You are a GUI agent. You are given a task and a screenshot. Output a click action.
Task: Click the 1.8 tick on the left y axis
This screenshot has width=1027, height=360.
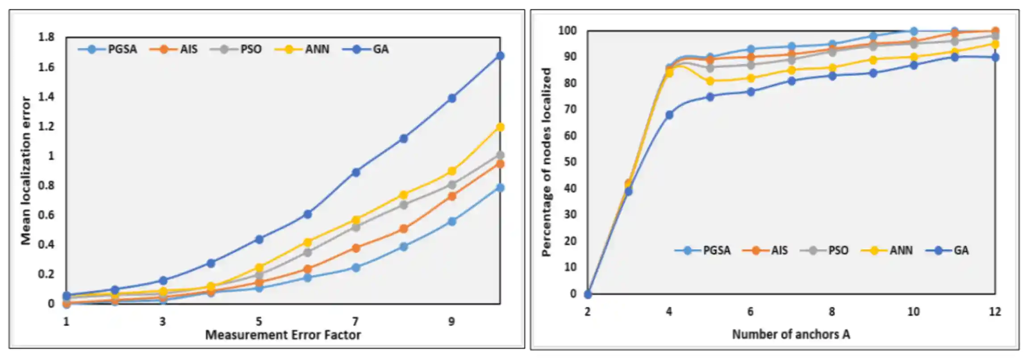pos(46,37)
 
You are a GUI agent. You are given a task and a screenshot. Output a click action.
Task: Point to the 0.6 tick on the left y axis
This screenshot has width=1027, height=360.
pos(46,215)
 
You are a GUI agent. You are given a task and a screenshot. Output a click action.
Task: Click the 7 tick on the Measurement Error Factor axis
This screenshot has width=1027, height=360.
pos(355,321)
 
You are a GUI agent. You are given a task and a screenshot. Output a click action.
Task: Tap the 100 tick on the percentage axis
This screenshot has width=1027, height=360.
pos(567,31)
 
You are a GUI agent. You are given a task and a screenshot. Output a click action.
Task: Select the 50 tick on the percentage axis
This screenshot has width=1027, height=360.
pos(570,162)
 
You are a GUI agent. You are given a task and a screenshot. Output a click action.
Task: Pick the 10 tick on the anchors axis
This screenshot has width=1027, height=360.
pos(913,312)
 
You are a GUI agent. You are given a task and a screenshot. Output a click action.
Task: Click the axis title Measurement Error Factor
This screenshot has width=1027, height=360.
pos(283,335)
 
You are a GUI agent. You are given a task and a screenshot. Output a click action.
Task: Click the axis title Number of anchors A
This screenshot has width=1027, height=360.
pos(791,334)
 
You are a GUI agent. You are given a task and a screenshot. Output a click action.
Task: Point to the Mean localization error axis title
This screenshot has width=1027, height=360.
pos(26,171)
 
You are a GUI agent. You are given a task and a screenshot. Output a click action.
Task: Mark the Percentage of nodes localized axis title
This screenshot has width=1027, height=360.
pos(546,162)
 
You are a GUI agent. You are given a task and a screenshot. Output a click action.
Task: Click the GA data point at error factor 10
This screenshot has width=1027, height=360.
pos(500,56)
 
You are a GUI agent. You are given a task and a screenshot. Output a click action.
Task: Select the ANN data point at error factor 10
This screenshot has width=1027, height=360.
pos(500,127)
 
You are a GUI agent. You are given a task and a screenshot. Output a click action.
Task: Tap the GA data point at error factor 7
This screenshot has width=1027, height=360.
pos(356,172)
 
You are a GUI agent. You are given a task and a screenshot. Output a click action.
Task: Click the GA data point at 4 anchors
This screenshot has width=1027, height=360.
pos(669,115)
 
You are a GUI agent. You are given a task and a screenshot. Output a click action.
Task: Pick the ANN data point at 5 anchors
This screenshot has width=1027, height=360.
pos(710,81)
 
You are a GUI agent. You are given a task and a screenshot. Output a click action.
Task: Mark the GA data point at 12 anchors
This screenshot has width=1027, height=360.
pos(995,58)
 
